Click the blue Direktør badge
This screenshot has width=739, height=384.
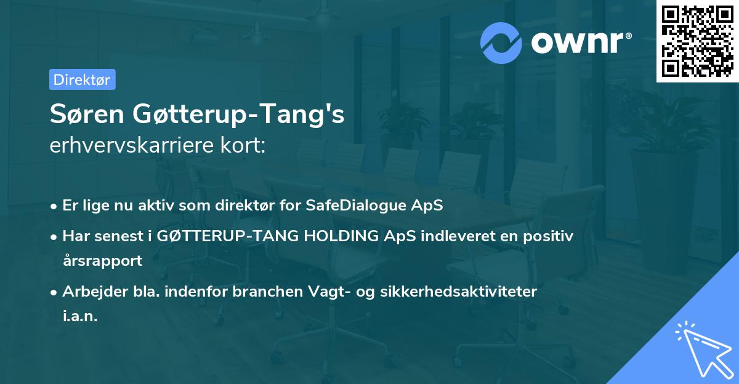point(82,79)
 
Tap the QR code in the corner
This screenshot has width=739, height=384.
point(697,41)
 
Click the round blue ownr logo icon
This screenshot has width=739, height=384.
point(501,42)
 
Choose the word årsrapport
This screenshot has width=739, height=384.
point(102,260)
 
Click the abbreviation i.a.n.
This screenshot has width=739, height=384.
point(80,316)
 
